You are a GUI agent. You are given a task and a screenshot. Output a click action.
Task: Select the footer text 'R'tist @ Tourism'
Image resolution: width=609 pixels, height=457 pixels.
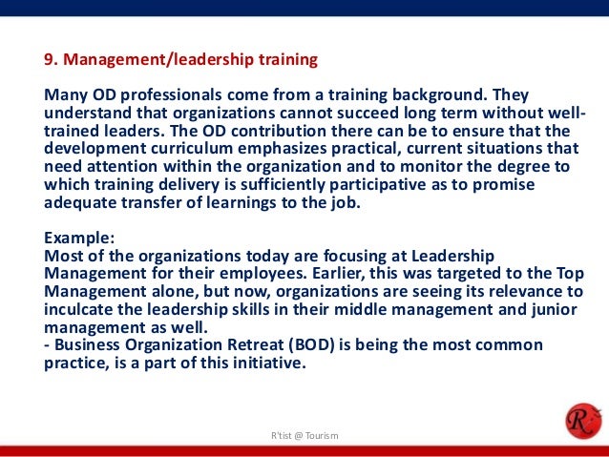(x=304, y=436)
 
